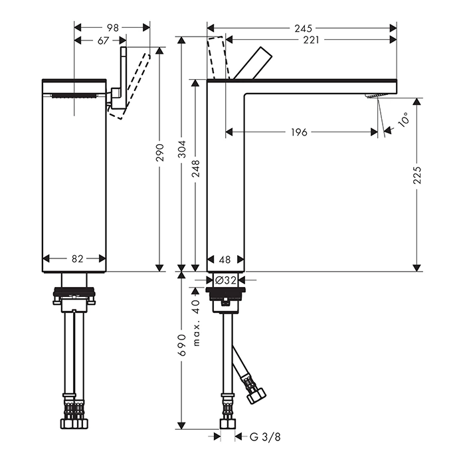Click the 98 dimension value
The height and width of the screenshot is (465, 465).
point(113,28)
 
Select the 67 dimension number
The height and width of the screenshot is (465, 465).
point(104,41)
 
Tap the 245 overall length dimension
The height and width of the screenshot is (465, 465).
point(304,29)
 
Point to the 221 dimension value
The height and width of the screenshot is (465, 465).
point(311,40)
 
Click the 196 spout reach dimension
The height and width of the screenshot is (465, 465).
point(299,132)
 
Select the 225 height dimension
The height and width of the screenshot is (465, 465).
point(417,175)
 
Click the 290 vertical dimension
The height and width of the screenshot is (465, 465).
point(160,152)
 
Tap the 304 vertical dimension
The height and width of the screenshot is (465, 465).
point(182,149)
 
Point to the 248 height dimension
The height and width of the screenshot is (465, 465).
point(196,169)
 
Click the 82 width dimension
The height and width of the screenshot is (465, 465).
point(78,259)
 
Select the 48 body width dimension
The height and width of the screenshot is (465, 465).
point(225,260)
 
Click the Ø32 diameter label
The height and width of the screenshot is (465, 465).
point(226,280)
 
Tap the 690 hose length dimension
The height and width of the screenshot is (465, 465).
point(182,345)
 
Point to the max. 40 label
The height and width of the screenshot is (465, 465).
point(196,323)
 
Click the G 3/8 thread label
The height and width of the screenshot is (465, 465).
point(265,437)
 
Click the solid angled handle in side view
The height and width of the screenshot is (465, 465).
point(252,64)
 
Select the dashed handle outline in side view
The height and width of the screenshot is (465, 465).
point(219,58)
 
